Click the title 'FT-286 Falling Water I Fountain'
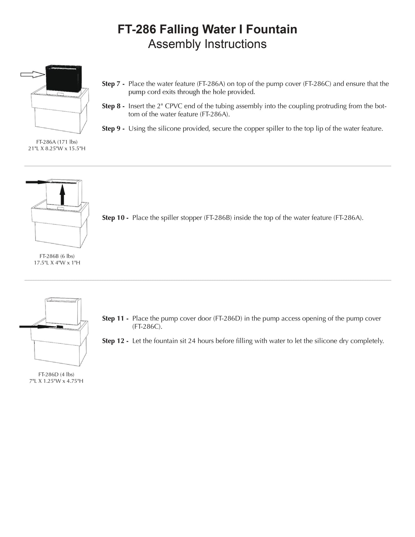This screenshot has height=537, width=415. click(x=207, y=29)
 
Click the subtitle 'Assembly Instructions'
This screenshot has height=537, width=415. click(x=207, y=44)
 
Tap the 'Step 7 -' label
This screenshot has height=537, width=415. click(x=113, y=84)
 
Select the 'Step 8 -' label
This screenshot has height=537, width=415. click(x=113, y=106)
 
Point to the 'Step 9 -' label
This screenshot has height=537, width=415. click(x=113, y=129)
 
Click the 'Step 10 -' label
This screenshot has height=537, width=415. click(x=115, y=218)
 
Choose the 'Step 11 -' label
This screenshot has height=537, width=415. click(x=115, y=319)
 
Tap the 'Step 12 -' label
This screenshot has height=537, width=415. click(x=115, y=341)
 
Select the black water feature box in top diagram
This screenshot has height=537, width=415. click(x=64, y=78)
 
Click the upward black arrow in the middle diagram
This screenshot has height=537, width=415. click(x=62, y=195)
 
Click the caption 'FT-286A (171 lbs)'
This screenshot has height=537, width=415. click(x=57, y=142)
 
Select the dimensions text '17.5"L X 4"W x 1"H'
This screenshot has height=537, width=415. click(x=57, y=263)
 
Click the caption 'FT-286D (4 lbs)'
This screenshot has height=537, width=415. click(x=56, y=374)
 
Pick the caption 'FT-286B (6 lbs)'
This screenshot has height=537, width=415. click(x=57, y=256)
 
